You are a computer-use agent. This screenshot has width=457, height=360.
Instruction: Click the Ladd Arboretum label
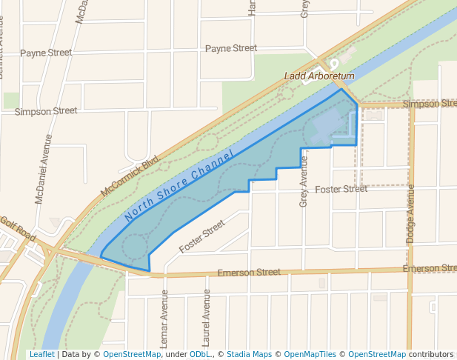click(320, 76)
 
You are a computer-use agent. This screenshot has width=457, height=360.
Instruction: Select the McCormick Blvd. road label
click(130, 176)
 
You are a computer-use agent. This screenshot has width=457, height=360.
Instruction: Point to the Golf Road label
click(17, 227)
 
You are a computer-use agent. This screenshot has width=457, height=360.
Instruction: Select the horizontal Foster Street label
click(341, 189)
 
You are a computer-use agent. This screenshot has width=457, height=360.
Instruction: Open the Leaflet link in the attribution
click(41, 354)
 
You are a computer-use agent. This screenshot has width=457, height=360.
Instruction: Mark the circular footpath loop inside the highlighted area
click(134, 246)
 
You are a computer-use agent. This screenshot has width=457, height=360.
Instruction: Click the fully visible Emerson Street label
click(249, 273)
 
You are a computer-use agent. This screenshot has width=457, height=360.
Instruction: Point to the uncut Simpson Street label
click(46, 110)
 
